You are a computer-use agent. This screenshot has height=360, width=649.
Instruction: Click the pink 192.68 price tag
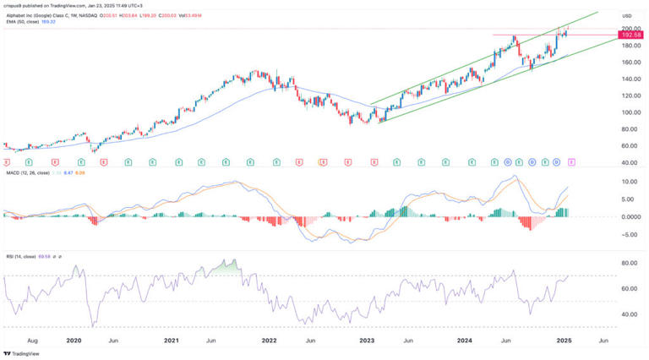pyautogui.click(x=631, y=35)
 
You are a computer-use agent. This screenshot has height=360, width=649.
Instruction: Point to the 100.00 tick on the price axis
pyautogui.click(x=630, y=112)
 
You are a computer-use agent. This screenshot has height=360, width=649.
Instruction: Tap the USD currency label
pyautogui.click(x=627, y=16)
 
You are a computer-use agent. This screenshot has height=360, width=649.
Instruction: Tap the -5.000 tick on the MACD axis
pyautogui.click(x=630, y=235)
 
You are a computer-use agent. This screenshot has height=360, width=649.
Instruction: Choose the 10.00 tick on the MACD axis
pyautogui.click(x=630, y=182)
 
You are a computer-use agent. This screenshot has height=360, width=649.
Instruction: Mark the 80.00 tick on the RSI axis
pyautogui.click(x=630, y=264)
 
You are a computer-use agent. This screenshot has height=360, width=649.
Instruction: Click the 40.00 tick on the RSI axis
pyautogui.click(x=630, y=314)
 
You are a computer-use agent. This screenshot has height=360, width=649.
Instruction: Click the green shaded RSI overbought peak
pyautogui.click(x=225, y=270)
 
